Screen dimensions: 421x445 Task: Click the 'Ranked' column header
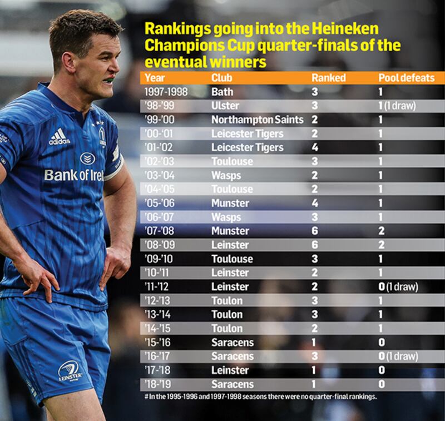pos(328,78)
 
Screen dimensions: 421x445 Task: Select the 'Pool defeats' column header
pos(406,78)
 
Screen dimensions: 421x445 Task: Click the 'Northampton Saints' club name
pos(257,120)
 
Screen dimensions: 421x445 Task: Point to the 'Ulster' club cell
pos(225,106)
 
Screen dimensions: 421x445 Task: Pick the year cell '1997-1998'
pos(166,92)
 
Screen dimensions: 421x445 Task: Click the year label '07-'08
pos(158,231)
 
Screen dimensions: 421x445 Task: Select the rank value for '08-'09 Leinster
pos(315,245)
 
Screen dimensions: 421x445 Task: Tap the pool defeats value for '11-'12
pos(382,286)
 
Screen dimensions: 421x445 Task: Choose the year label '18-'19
pos(158,384)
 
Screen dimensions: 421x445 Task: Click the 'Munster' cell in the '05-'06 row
pos(230,203)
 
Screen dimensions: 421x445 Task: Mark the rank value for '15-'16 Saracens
pos(315,342)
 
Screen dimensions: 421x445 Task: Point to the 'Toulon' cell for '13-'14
pos(227,314)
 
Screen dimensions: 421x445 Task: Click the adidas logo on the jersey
pos(59,137)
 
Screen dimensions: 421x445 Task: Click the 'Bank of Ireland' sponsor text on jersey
pos(73,175)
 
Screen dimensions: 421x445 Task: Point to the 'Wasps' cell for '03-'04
pos(226,175)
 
